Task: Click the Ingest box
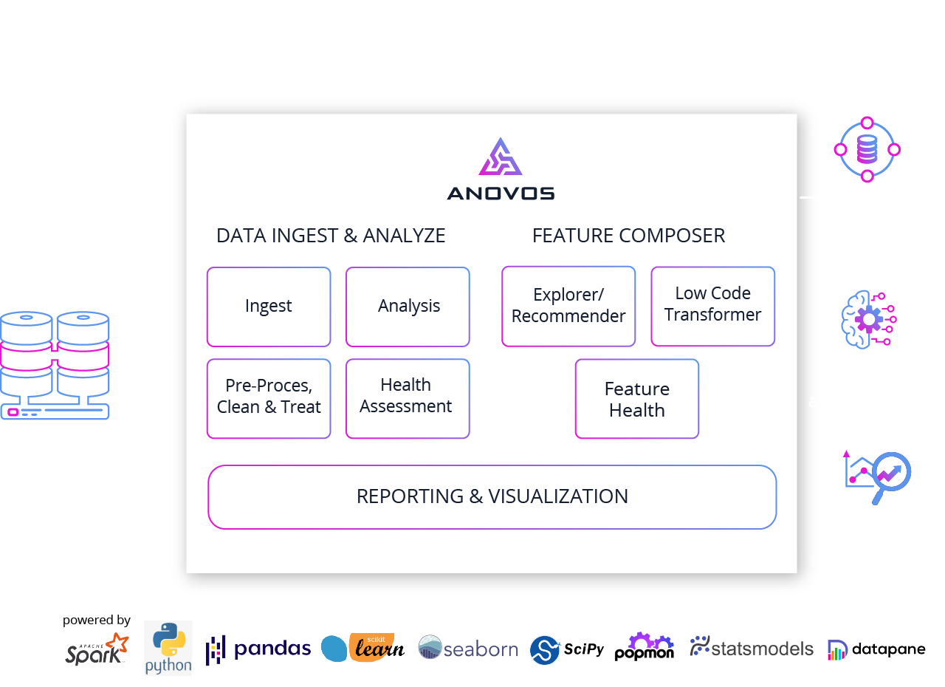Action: [x=269, y=307]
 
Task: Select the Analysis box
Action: [x=408, y=307]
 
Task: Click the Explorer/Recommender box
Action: [x=568, y=307]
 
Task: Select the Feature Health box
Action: [x=636, y=399]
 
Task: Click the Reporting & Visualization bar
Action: [x=492, y=496]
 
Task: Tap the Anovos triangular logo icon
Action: [x=501, y=157]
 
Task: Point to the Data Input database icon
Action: [x=55, y=366]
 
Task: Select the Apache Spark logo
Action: [x=97, y=649]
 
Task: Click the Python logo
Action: [x=168, y=648]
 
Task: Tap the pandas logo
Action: [x=258, y=649]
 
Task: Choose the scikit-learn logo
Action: [x=363, y=647]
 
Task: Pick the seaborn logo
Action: [x=468, y=649]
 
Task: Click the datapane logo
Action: [x=876, y=649]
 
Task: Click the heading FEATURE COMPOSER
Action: [x=628, y=236]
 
